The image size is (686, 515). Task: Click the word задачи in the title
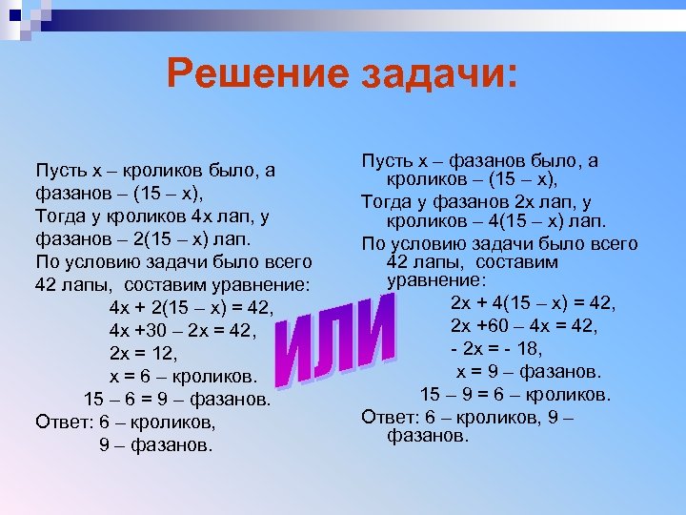(x=435, y=74)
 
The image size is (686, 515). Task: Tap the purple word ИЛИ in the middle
(x=336, y=341)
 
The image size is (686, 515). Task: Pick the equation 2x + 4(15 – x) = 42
(x=533, y=303)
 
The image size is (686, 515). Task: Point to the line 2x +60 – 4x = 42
(x=524, y=326)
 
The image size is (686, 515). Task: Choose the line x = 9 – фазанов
(x=528, y=371)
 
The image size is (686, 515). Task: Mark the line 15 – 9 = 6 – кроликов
(x=515, y=394)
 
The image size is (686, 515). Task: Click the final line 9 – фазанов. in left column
(x=157, y=444)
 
